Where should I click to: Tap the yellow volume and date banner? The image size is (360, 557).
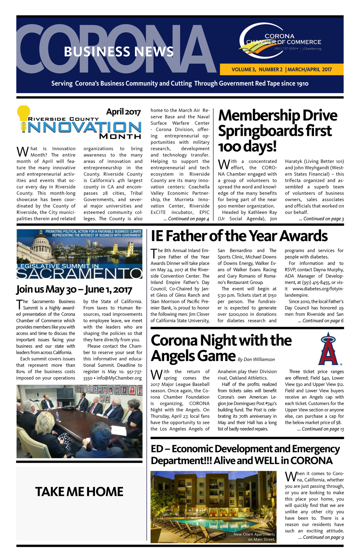(x=281, y=69)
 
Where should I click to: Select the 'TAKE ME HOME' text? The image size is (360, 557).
(x=79, y=492)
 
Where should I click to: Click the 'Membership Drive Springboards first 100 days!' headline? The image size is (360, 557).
(x=277, y=131)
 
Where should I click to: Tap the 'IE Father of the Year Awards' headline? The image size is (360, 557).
(x=239, y=236)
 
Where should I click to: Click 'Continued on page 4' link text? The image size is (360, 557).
(x=186, y=219)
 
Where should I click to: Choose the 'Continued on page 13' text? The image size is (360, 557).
(x=320, y=429)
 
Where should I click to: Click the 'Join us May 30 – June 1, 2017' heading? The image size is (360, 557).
(x=74, y=289)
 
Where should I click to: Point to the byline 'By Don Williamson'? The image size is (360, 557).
(x=256, y=359)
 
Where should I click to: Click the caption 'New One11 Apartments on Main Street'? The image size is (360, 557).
(x=254, y=537)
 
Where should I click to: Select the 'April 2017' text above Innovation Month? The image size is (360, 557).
(x=123, y=112)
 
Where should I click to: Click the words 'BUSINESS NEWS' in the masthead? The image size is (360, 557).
(x=118, y=52)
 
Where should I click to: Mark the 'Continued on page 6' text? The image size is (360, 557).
(x=321, y=321)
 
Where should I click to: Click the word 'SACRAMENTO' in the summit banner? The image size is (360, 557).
(x=79, y=273)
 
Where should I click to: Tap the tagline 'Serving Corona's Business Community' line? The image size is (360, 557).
(x=180, y=83)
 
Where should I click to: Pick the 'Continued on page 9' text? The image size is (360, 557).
(x=321, y=537)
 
